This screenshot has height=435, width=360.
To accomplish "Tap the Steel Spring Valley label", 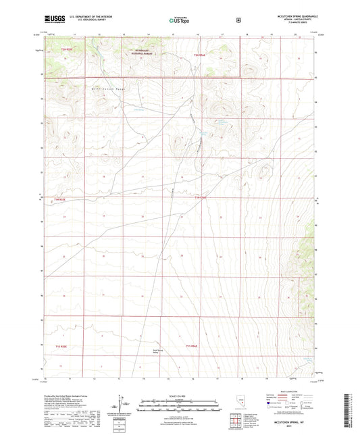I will coord(157,352).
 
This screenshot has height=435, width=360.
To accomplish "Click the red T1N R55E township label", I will coord(60,200).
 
